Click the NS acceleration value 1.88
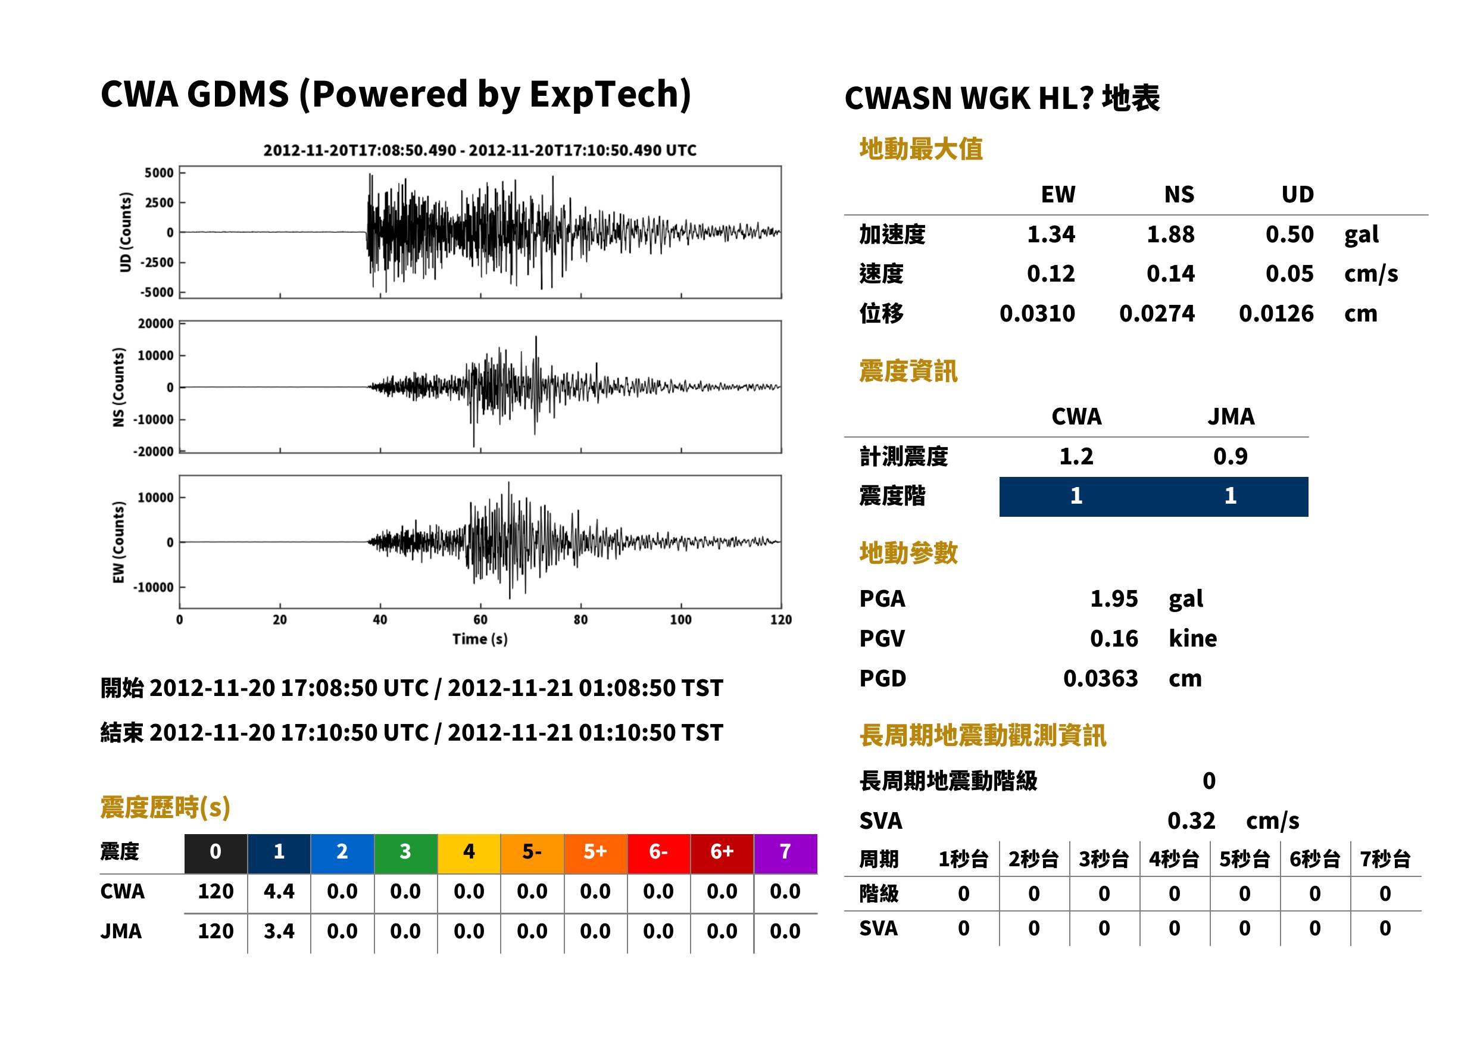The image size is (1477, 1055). pyautogui.click(x=1170, y=235)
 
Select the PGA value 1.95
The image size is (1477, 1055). pyautogui.click(x=1113, y=599)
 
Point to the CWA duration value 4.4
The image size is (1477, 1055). pyautogui.click(x=279, y=891)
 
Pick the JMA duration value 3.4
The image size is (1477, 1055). pyautogui.click(x=279, y=931)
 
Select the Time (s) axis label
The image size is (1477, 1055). pyautogui.click(x=480, y=639)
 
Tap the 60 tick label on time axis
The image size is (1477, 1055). pyautogui.click(x=480, y=620)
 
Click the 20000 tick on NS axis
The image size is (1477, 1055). pyautogui.click(x=155, y=323)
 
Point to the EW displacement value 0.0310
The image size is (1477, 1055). pyautogui.click(x=1037, y=314)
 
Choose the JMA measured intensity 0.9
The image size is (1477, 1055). pyautogui.click(x=1230, y=456)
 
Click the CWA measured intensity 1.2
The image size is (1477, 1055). pyautogui.click(x=1076, y=456)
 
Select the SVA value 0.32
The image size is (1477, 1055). pyautogui.click(x=1191, y=821)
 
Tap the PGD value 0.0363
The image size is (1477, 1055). pyautogui.click(x=1100, y=679)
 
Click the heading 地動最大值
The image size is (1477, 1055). pyautogui.click(x=921, y=149)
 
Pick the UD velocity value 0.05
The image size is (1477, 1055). pyautogui.click(x=1289, y=274)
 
